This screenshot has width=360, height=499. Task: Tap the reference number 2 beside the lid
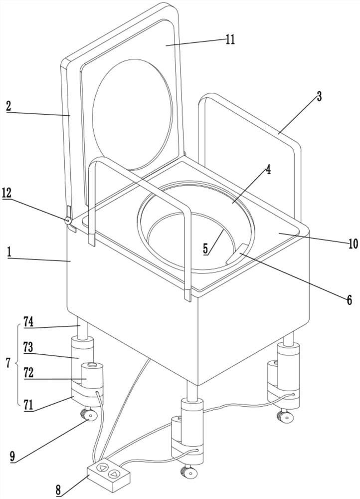(8, 106)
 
